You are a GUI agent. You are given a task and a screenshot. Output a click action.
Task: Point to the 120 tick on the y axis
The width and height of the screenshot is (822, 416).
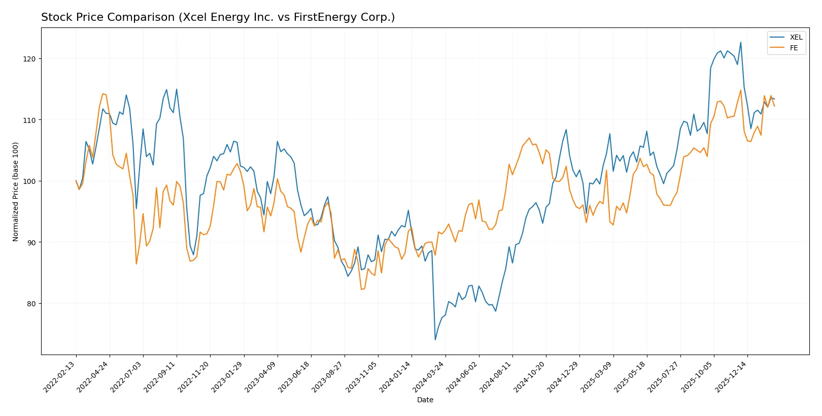coord(29,59)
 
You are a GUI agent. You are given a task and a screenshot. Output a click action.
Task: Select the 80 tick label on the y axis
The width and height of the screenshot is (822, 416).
coord(31,304)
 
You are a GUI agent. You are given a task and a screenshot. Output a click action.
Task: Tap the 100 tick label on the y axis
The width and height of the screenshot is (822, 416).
coord(29,181)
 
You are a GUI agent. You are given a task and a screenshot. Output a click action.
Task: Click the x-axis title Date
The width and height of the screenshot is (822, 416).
coord(425,400)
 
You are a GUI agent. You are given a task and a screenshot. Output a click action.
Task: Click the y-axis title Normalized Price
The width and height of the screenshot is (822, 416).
coord(16,191)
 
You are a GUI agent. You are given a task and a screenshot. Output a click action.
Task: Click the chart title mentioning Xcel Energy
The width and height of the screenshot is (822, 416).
coord(218,17)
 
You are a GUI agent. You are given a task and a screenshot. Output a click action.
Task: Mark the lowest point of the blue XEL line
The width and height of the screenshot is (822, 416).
coord(435,340)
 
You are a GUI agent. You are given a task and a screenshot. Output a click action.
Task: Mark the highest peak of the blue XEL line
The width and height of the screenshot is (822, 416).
coord(740,43)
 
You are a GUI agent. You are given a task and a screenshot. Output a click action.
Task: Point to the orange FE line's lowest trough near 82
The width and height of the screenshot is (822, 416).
coord(361,290)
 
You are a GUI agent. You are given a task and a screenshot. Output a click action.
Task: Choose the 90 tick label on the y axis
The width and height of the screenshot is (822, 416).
coord(31,242)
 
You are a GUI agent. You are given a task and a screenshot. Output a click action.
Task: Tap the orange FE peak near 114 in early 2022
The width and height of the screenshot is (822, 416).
coord(103,93)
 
